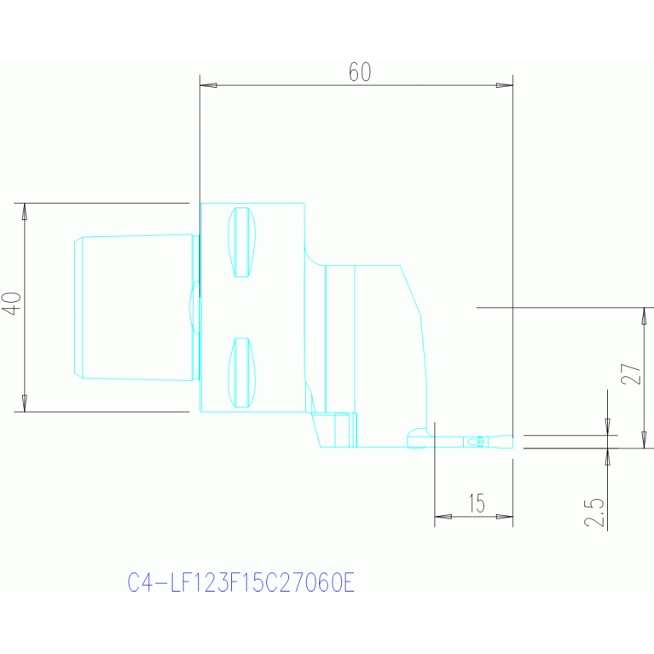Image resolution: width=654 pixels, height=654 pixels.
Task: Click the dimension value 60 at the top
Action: (x=360, y=72)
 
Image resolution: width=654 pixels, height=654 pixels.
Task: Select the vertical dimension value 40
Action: (x=12, y=304)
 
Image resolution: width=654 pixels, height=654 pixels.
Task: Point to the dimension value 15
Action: (x=477, y=504)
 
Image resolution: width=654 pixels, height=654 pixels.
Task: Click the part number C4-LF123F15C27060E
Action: (x=240, y=583)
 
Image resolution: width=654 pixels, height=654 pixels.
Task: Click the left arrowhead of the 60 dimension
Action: (x=208, y=85)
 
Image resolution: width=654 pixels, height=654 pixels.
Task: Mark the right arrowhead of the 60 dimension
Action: (x=505, y=85)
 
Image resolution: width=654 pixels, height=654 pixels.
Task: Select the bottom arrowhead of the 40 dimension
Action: (x=25, y=403)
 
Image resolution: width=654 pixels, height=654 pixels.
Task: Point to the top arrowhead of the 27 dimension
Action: (x=645, y=316)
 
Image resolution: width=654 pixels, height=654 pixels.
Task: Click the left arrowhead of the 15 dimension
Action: (x=443, y=516)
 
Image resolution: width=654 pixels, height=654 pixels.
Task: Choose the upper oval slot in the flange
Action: (x=242, y=242)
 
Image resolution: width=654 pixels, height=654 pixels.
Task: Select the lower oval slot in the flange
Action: (x=242, y=373)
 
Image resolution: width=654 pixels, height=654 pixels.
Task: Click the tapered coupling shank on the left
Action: (x=136, y=307)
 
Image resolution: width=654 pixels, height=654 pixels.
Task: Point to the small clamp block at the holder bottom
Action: (x=344, y=429)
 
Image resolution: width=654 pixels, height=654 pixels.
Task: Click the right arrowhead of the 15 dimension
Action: (x=505, y=516)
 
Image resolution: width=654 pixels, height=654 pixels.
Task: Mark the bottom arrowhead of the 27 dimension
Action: (x=645, y=438)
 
